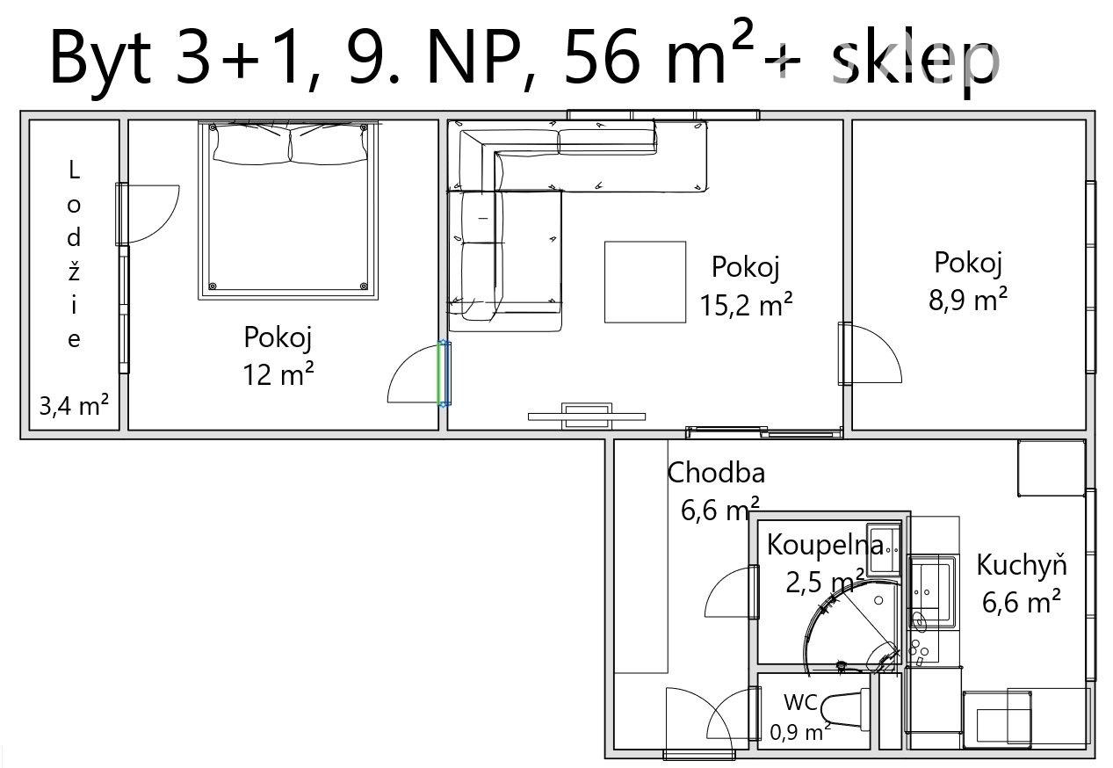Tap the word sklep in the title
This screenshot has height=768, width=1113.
[x=915, y=62]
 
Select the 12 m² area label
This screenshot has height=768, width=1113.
[x=278, y=375]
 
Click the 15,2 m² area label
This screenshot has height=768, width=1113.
[x=746, y=304]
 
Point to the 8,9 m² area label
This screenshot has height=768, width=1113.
[x=968, y=300]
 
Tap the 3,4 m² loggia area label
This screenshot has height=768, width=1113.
[x=74, y=406]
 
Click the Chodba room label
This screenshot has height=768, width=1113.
[x=715, y=473]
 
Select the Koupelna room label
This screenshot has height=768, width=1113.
[x=826, y=545]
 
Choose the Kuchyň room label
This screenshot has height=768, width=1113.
[x=1022, y=565]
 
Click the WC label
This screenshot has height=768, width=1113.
[x=800, y=702]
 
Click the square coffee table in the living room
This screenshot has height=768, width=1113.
[x=645, y=282]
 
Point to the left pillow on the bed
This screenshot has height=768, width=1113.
[x=251, y=144]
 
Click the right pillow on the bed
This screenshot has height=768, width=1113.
[x=329, y=144]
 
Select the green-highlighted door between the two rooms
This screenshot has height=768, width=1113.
[x=444, y=373]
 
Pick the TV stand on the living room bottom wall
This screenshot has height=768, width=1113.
[x=586, y=416]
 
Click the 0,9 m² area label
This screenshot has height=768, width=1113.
[x=799, y=732]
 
